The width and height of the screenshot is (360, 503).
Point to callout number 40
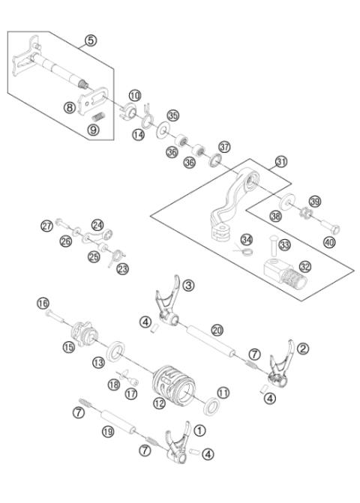click(329, 242)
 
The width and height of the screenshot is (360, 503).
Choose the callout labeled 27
click(47, 225)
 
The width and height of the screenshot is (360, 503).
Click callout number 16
click(43, 303)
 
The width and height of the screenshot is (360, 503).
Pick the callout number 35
click(173, 115)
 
